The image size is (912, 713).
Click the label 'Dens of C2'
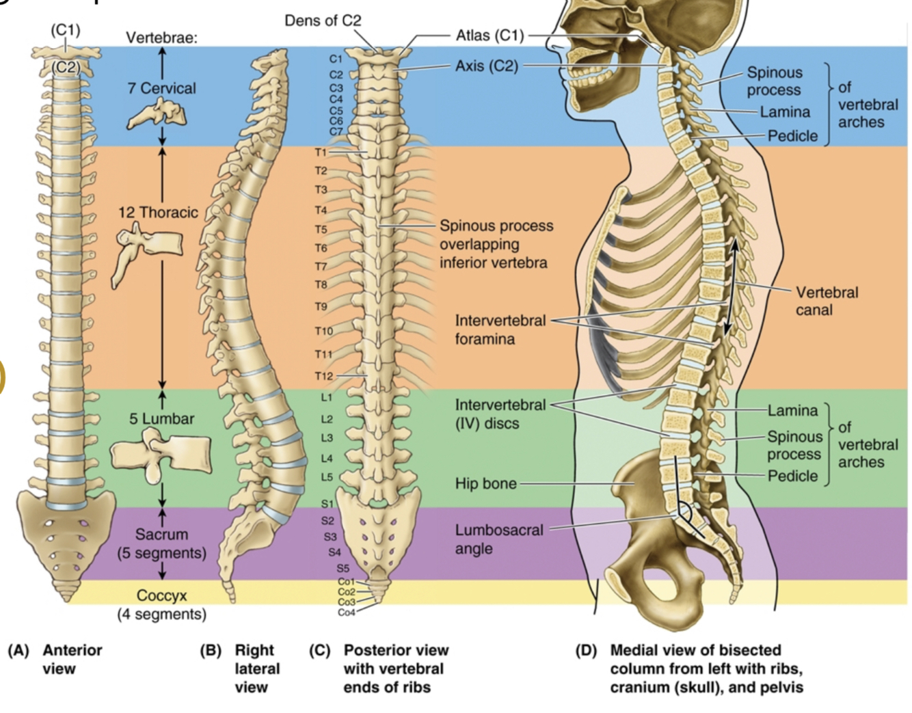tap(322, 21)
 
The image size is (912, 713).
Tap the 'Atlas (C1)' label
tap(489, 36)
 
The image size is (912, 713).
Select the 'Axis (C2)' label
tap(486, 66)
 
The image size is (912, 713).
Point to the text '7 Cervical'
tap(161, 88)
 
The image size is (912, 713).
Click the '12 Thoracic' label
tap(158, 213)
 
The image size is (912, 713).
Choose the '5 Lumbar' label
tap(162, 418)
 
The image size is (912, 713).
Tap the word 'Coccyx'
tap(161, 595)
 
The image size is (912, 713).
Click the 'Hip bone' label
tap(485, 483)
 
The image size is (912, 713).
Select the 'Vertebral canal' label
tap(827, 301)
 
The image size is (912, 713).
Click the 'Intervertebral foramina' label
tap(500, 329)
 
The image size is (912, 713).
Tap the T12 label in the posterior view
tap(323, 376)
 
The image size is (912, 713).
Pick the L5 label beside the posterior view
tap(327, 477)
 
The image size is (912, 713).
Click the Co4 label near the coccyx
tap(346, 613)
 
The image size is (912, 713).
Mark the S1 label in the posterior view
tap(327, 504)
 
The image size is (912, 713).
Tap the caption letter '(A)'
tap(18, 650)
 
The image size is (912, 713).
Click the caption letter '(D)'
tap(585, 650)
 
